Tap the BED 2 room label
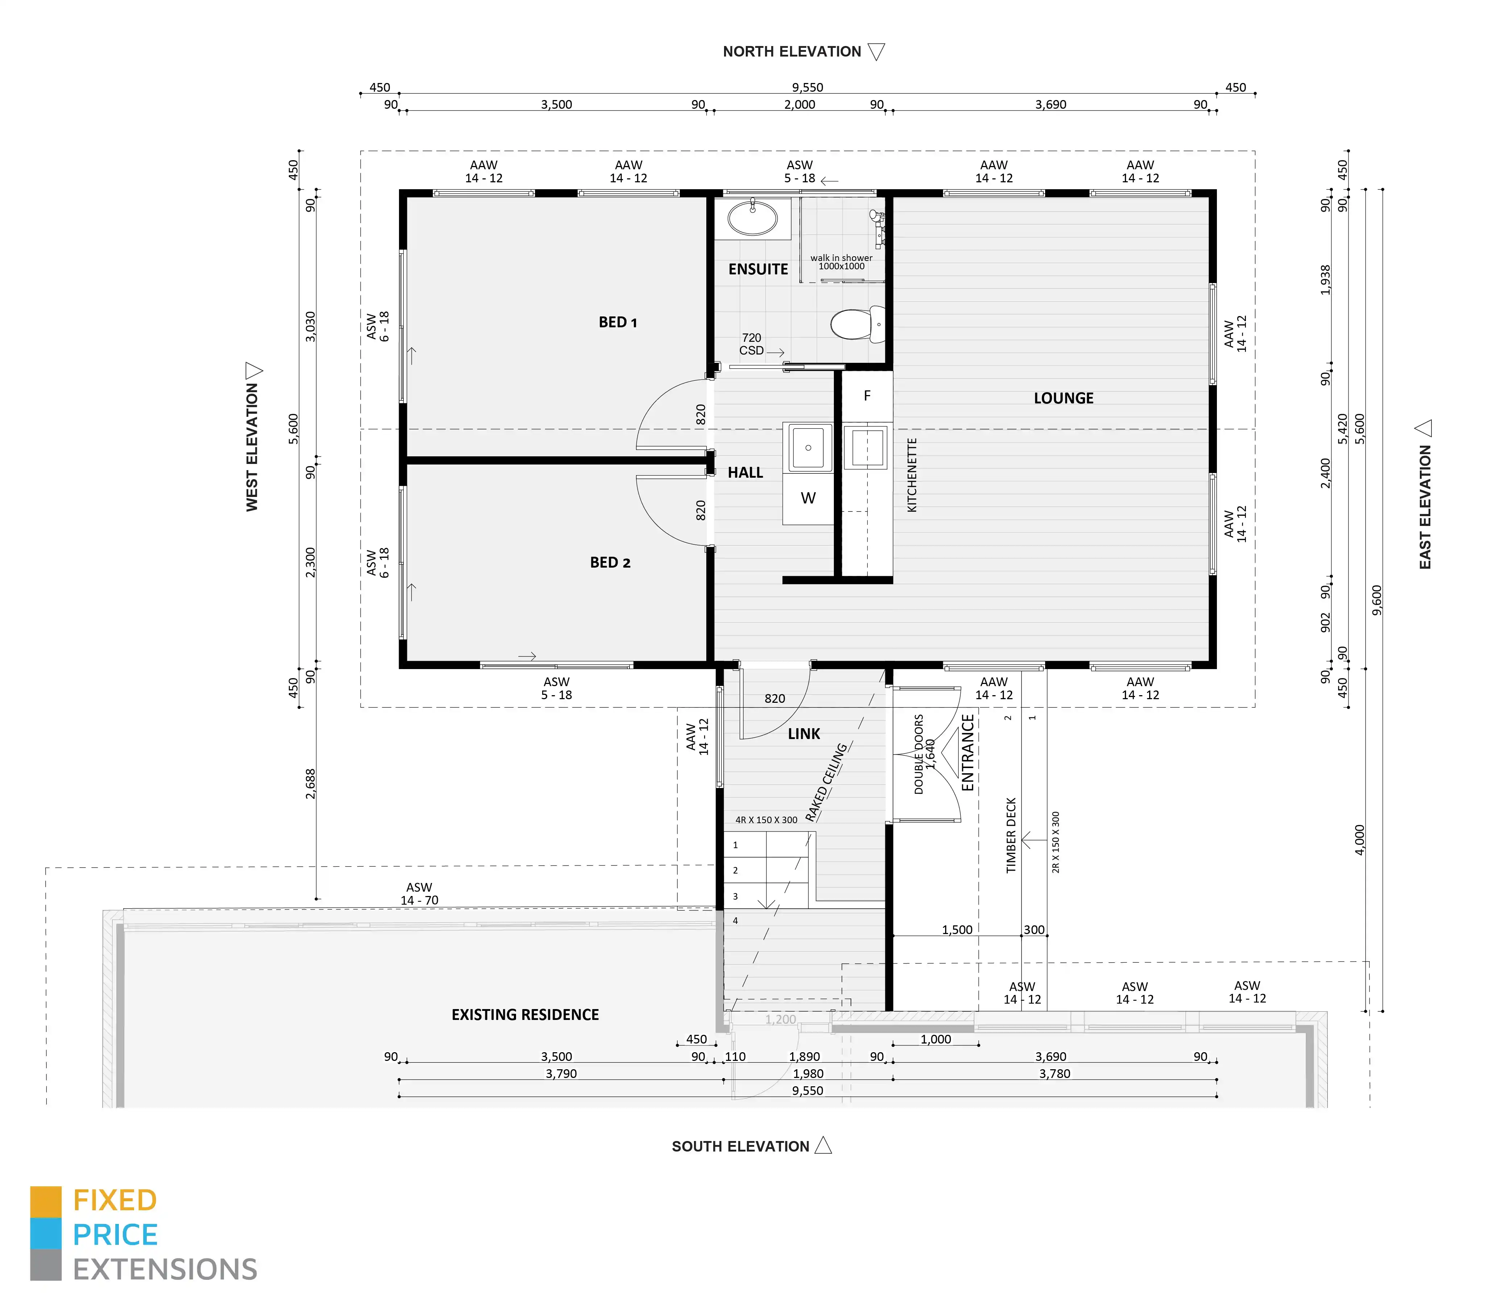point(610,563)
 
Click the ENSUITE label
point(758,269)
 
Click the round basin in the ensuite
point(752,218)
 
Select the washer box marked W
point(808,498)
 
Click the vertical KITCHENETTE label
point(912,475)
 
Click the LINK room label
point(804,734)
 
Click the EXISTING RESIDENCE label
point(525,1015)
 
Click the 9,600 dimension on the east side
point(1377,600)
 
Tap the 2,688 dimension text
point(311,784)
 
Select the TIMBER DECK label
point(1011,835)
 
